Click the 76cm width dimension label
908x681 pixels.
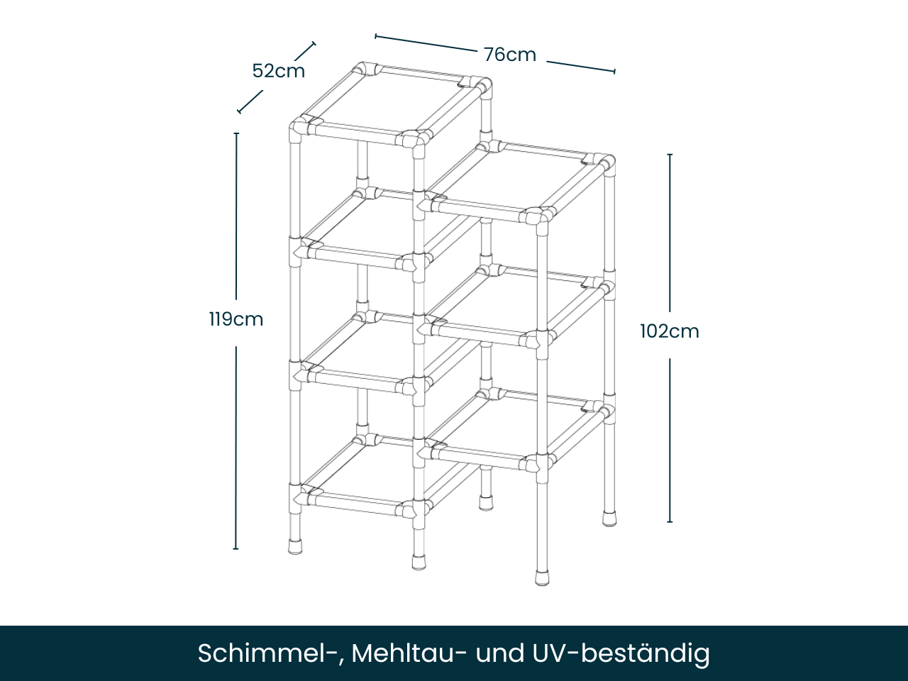pyautogui.click(x=510, y=55)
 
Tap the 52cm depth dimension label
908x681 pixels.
pyautogui.click(x=279, y=71)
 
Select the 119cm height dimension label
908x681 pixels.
pyautogui.click(x=236, y=319)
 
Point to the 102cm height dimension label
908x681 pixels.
pyautogui.click(x=670, y=331)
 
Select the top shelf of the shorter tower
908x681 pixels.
pyautogui.click(x=518, y=181)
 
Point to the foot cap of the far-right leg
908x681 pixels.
pyautogui.click(x=609, y=517)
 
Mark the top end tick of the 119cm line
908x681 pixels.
pyautogui.click(x=236, y=133)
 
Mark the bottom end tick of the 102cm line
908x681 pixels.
pyautogui.click(x=670, y=521)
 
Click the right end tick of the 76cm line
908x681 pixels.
pyautogui.click(x=614, y=71)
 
